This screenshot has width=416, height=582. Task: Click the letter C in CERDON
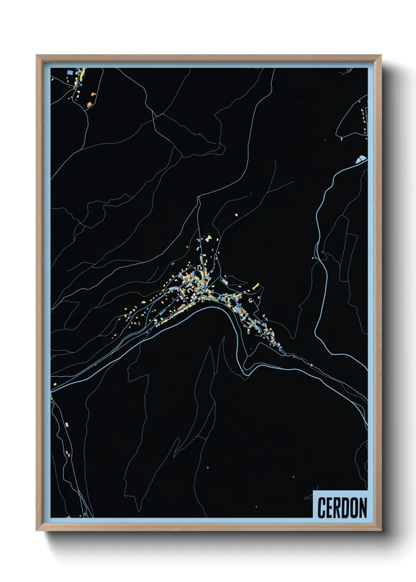[321, 508]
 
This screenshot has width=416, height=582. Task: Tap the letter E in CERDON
[330, 508]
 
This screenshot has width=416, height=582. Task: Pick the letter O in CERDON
[355, 508]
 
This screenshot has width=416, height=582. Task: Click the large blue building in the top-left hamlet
[70, 73]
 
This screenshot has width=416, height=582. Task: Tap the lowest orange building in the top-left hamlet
[89, 104]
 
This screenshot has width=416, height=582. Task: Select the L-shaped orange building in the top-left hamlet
[93, 94]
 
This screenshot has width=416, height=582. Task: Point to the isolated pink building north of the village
[236, 215]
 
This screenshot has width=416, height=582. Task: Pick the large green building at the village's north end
[209, 238]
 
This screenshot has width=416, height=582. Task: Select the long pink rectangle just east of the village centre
[225, 281]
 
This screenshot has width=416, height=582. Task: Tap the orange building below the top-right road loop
[341, 138]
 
